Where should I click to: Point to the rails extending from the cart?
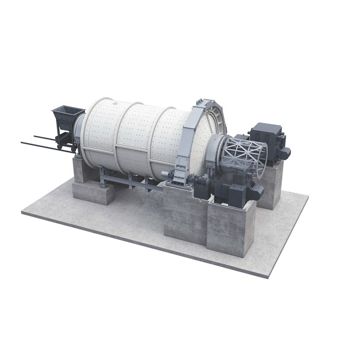click(x=39, y=142)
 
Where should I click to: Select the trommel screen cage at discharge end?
click(x=245, y=154)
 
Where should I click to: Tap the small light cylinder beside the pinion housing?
click(x=165, y=175)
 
